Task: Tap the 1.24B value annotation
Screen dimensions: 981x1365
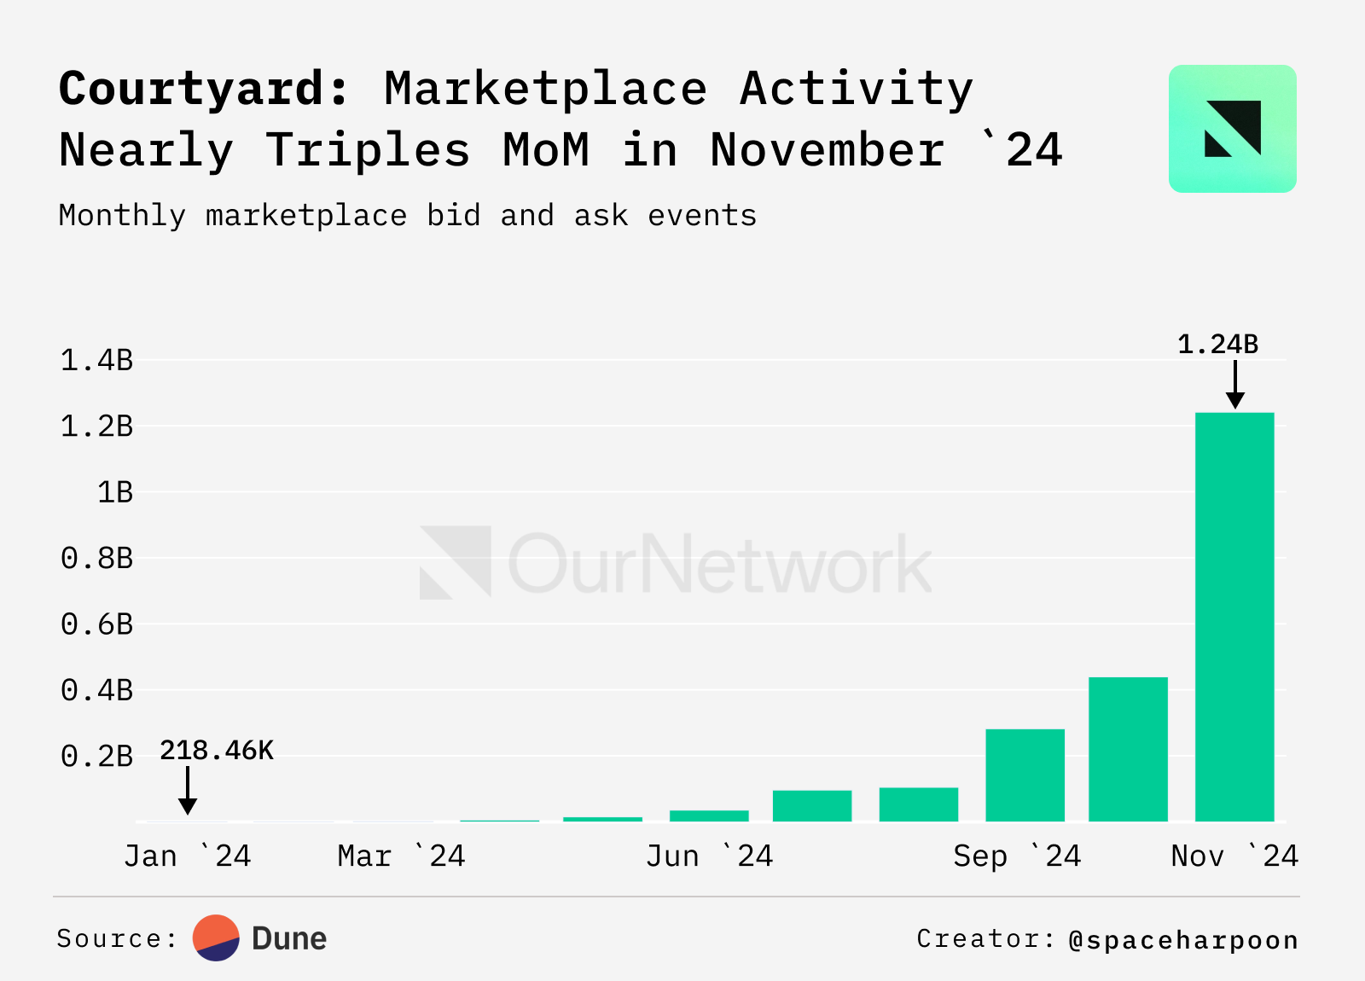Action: [1217, 345]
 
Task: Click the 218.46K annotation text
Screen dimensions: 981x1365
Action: [217, 751]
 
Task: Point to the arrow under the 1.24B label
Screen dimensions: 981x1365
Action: [1234, 385]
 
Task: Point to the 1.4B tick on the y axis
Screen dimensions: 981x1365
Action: [96, 361]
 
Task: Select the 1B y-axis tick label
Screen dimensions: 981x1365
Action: [114, 493]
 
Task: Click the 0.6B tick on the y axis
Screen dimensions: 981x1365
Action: [96, 624]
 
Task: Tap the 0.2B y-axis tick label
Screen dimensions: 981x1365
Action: [96, 757]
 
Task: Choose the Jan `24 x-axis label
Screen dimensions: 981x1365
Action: [188, 856]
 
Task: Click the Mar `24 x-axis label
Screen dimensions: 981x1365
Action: [401, 856]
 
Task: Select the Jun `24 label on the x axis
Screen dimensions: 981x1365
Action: [709, 856]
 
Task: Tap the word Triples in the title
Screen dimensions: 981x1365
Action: [368, 150]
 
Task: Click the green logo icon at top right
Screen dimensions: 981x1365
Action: [1232, 129]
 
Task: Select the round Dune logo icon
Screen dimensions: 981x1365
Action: [216, 938]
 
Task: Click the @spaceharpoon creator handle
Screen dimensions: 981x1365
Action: [1183, 940]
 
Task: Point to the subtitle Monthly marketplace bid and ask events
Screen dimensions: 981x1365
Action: [407, 216]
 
